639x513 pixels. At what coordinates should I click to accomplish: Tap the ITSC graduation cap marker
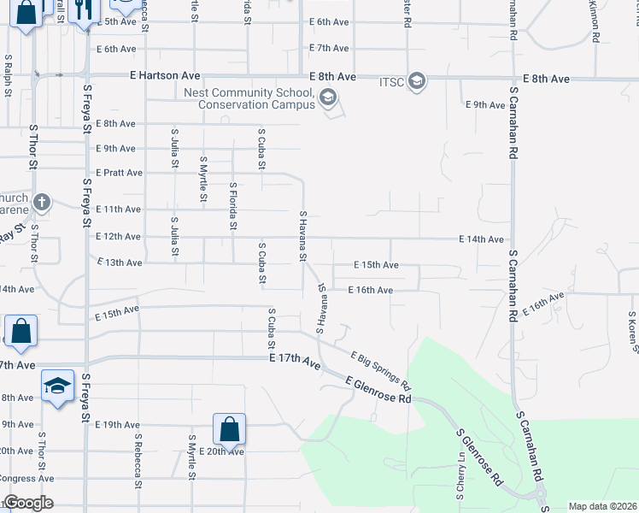pyautogui.click(x=417, y=81)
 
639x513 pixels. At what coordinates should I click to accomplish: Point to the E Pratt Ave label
pyautogui.click(x=119, y=173)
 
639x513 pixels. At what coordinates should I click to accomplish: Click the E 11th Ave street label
pyautogui.click(x=119, y=209)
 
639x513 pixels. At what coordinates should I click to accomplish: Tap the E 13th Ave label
pyautogui.click(x=120, y=262)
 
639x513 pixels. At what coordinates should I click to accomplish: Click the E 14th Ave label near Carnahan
pyautogui.click(x=481, y=240)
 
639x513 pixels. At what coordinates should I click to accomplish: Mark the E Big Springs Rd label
pyautogui.click(x=381, y=369)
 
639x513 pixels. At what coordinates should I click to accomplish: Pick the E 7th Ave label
pyautogui.click(x=329, y=48)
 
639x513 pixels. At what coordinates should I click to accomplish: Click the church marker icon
pyautogui.click(x=42, y=203)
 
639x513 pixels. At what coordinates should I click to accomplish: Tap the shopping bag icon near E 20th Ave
pyautogui.click(x=229, y=427)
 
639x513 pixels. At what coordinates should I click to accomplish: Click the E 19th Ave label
pyautogui.click(x=118, y=424)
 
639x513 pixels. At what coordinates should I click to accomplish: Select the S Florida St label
pyautogui.click(x=232, y=206)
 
